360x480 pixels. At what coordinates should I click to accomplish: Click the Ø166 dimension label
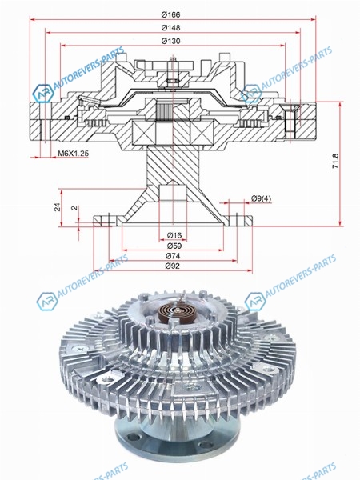[x=171, y=14]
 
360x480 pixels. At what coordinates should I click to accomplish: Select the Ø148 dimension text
[x=171, y=27]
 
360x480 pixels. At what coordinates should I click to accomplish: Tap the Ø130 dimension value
[x=171, y=41]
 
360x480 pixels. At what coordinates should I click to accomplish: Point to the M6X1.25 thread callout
[x=73, y=154]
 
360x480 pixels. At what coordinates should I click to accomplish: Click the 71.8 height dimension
[x=336, y=161]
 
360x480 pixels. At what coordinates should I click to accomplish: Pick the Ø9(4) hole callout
[x=261, y=198]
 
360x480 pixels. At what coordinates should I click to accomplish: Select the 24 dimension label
[x=58, y=207]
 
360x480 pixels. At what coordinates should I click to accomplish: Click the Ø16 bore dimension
[x=174, y=235]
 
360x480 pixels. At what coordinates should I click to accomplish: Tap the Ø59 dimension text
[x=174, y=246]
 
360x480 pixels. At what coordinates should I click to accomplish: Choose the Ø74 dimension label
[x=173, y=256]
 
